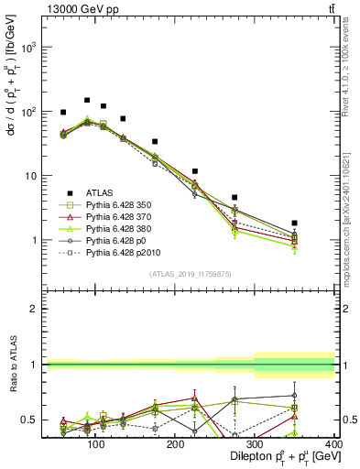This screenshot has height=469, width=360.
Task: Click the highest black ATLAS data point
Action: tap(87, 101)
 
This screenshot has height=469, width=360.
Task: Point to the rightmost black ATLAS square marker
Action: tap(320, 223)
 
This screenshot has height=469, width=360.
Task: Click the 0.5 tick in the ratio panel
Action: tap(27, 420)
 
